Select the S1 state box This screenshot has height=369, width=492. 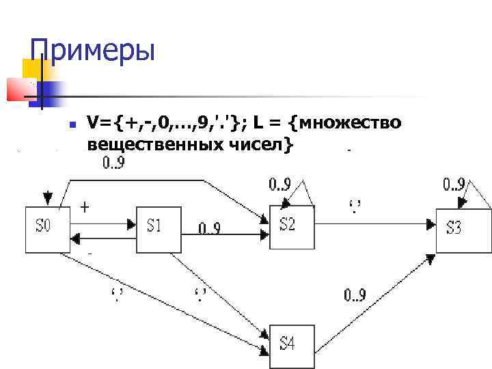point(158,225)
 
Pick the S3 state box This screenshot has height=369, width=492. point(463,228)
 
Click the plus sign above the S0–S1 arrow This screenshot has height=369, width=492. point(85,205)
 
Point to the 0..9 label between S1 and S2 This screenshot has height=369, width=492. point(208,228)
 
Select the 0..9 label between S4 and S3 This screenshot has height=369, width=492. point(355,295)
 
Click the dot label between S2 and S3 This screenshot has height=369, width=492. point(355,204)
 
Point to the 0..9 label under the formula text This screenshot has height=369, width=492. point(113,164)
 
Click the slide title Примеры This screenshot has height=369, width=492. point(93,51)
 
